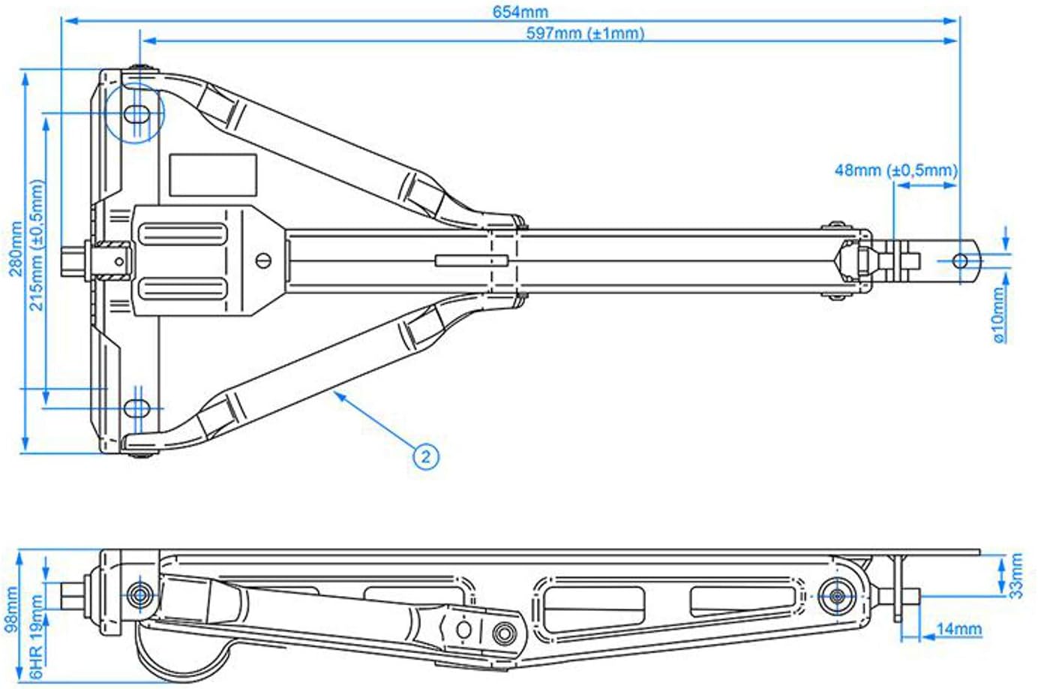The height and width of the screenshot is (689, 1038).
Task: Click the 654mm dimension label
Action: (520, 12)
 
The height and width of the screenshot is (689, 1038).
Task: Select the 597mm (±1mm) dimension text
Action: (585, 33)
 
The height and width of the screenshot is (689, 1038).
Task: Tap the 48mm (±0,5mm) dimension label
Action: (895, 170)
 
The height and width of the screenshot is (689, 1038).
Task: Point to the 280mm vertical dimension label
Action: (15, 248)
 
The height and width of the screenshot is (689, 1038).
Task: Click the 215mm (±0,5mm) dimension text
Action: (37, 245)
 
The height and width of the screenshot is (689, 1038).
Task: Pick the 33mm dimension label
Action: (1016, 576)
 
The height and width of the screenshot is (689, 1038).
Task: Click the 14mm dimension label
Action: (958, 629)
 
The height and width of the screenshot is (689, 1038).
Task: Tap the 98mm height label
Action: (11, 609)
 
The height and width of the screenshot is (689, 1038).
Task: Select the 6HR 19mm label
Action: (36, 637)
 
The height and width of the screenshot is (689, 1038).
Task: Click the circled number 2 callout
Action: (425, 456)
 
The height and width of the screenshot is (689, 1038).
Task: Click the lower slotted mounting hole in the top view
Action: (136, 408)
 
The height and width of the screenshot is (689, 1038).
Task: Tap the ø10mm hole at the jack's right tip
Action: (960, 261)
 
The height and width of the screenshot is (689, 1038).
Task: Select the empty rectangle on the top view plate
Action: (213, 175)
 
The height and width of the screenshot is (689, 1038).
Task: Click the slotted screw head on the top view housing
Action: (264, 260)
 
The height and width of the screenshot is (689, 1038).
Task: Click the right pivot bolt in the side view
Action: (837, 596)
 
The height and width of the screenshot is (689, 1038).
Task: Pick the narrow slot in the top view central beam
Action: (472, 260)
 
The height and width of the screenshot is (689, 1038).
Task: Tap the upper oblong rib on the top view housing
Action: (182, 234)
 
